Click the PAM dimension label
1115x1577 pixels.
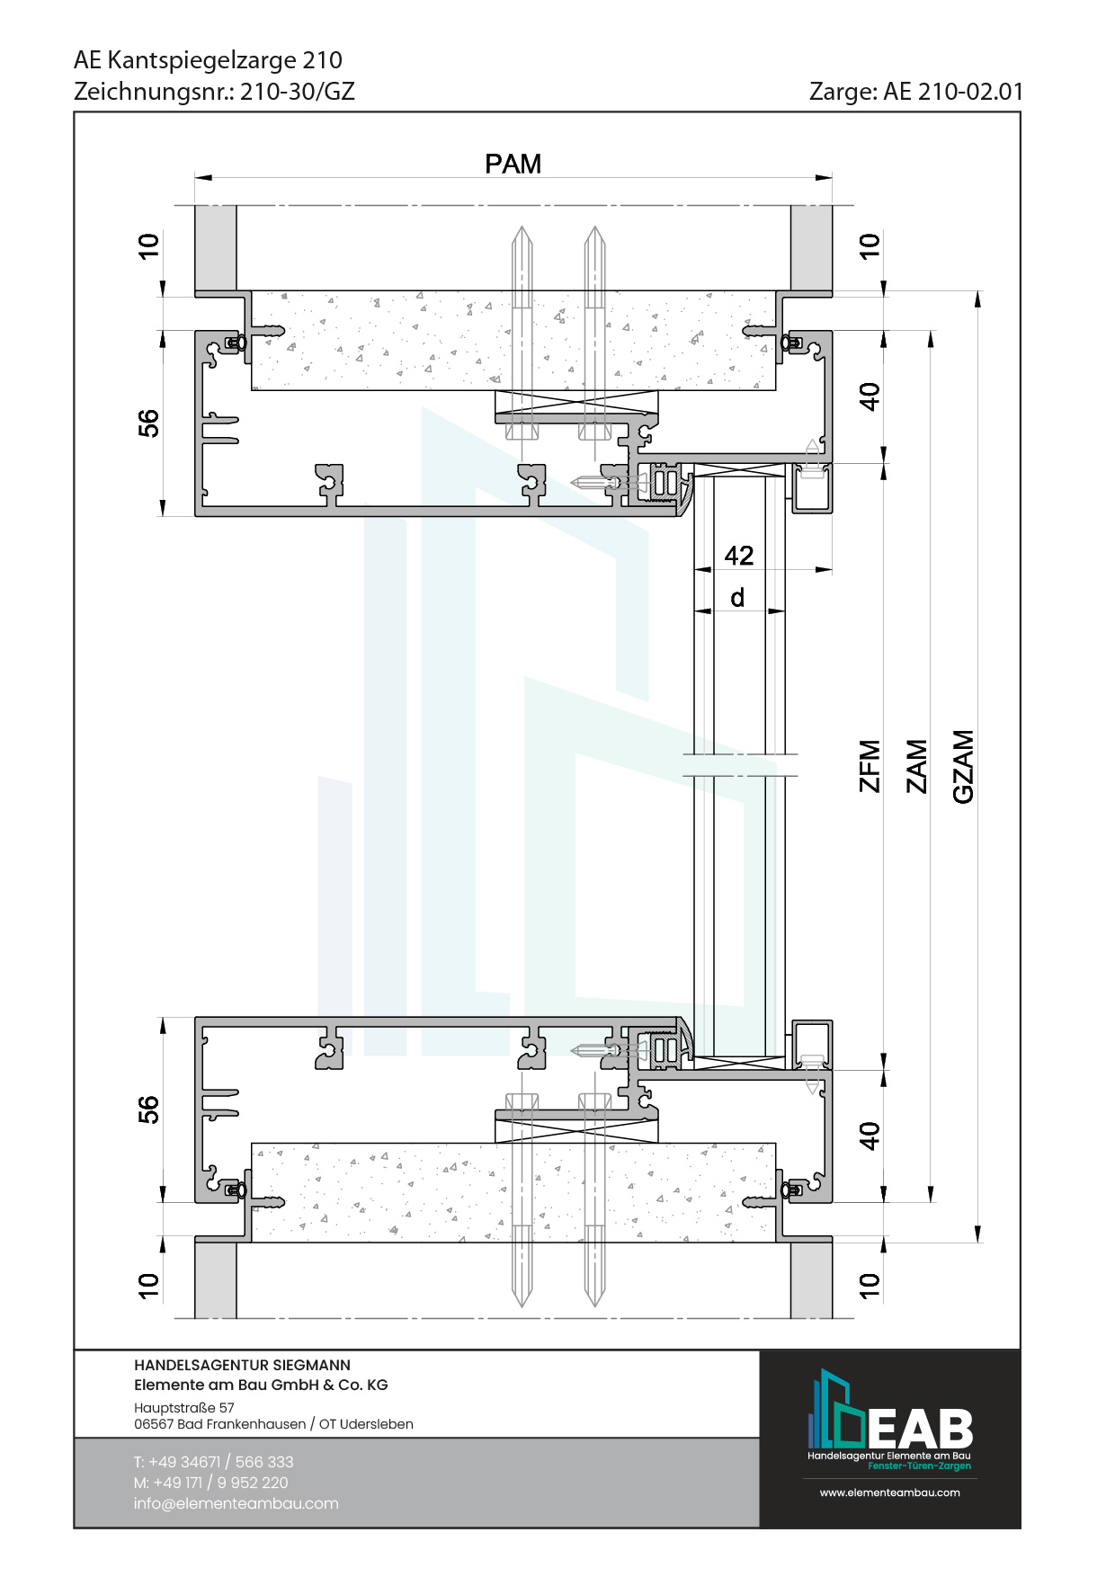[x=513, y=164]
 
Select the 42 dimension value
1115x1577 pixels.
[x=739, y=556]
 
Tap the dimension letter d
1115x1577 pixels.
[x=737, y=598]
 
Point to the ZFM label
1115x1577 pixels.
[x=870, y=766]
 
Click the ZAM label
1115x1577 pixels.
[x=916, y=766]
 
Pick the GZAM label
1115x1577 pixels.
[x=963, y=766]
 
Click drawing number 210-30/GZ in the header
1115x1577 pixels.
[x=298, y=92]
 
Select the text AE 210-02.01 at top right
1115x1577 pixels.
[x=953, y=92]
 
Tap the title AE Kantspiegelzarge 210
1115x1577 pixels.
[x=208, y=60]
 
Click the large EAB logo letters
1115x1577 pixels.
[x=920, y=1429]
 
